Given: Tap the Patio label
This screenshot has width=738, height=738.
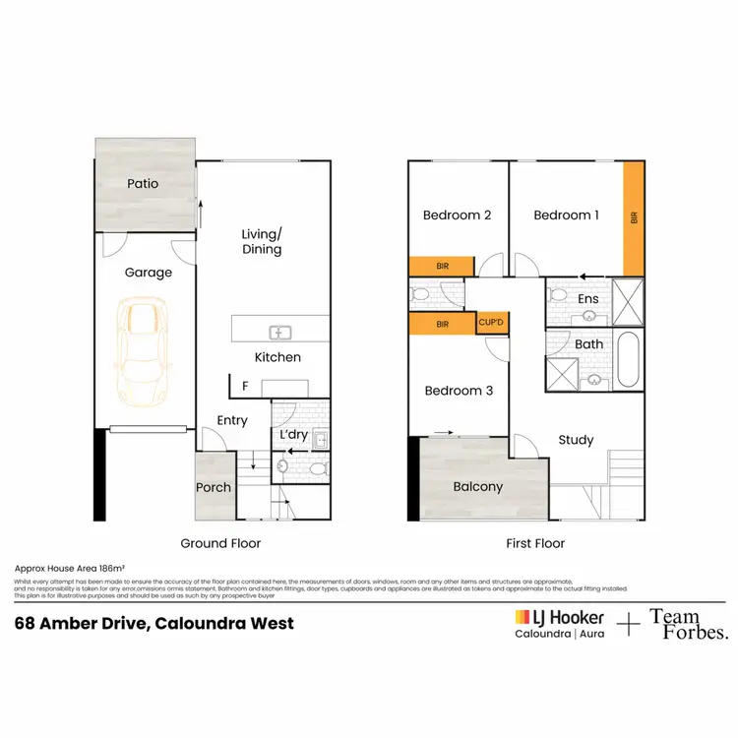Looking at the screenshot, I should [143, 183].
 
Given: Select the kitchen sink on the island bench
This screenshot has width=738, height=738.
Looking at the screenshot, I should [278, 332].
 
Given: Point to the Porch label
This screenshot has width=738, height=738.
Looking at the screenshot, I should [214, 487].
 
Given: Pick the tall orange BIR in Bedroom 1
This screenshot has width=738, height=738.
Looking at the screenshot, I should [634, 218].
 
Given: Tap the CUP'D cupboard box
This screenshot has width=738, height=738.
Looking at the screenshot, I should [492, 322].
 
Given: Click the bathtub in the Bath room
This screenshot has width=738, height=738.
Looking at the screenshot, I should [628, 361].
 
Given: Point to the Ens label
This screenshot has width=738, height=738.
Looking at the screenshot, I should [588, 299].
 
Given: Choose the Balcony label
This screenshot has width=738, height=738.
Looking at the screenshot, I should [477, 487].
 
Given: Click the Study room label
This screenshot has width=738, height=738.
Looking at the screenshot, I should [576, 440].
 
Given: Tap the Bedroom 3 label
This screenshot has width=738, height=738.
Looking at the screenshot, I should [458, 391].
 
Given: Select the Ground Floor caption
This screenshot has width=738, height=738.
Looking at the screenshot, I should [220, 543].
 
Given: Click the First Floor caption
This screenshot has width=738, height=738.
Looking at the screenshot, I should [535, 543].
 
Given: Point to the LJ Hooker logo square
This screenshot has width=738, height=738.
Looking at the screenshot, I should [523, 617].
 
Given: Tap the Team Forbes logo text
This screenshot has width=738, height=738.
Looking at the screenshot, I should [689, 625].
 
